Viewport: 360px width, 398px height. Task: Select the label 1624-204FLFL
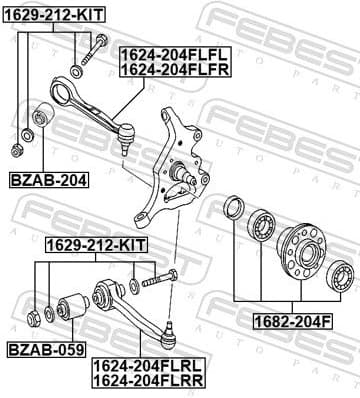click(176, 55)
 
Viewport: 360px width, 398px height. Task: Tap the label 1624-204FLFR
click(176, 69)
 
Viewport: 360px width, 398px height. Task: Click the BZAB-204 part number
click(47, 180)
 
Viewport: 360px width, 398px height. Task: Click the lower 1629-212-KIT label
click(96, 243)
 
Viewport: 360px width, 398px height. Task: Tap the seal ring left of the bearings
click(235, 208)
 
